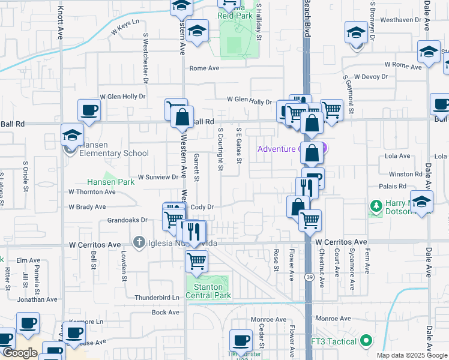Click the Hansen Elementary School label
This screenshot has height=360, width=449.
(x=112, y=153)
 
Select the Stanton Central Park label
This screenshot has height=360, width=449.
(x=208, y=291)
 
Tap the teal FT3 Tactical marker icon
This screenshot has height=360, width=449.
(x=366, y=342)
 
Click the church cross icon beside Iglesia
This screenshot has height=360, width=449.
(x=139, y=243)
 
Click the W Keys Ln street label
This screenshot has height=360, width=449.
(x=124, y=22)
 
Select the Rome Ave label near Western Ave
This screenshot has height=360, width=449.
(x=205, y=68)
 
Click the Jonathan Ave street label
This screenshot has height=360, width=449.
(x=37, y=299)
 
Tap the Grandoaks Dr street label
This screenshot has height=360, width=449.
(x=127, y=220)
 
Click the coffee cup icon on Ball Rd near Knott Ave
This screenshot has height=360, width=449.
(x=89, y=110)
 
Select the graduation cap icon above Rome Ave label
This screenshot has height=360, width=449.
(x=196, y=31)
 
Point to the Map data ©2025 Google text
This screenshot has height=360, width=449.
(x=411, y=355)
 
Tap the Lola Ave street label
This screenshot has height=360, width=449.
(x=397, y=156)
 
